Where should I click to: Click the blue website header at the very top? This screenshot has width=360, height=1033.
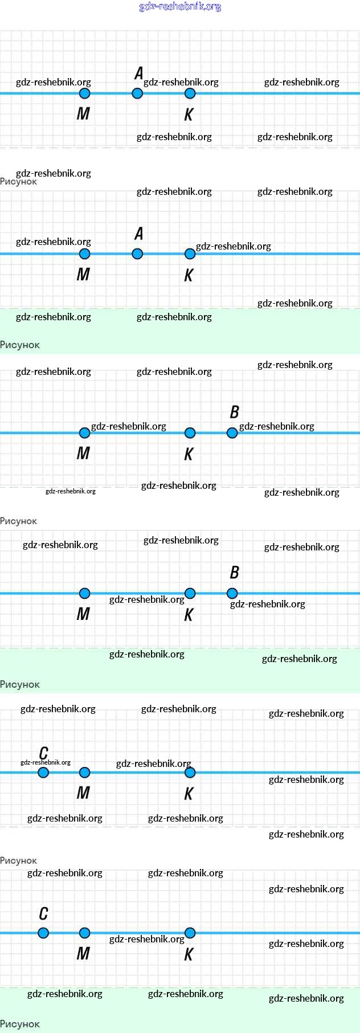(180, 7)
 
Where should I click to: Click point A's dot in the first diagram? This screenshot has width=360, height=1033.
(137, 93)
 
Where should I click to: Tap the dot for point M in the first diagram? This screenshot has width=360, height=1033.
(84, 93)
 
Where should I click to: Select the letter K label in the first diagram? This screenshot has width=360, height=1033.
(189, 115)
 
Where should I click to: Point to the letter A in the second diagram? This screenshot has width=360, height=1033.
(139, 234)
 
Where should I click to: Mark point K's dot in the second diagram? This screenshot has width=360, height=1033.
(190, 254)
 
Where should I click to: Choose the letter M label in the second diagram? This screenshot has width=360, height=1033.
(83, 275)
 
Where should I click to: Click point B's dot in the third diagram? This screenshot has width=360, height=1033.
(232, 433)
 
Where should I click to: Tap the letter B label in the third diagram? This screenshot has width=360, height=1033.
(234, 412)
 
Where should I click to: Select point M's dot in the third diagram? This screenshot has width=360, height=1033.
(84, 433)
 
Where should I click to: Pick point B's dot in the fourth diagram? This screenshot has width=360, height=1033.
(232, 593)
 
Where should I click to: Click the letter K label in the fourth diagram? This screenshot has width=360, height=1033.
(189, 615)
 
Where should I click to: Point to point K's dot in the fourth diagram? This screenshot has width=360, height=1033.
(190, 593)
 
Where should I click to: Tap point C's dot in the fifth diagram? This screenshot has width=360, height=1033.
(43, 773)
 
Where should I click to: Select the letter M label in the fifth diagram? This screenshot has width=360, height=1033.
(83, 793)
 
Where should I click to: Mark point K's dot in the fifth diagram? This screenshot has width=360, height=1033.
(190, 773)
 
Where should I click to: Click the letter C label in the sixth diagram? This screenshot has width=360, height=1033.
(43, 914)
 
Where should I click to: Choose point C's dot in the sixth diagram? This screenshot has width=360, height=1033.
(43, 933)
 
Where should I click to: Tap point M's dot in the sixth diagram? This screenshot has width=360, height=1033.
(84, 933)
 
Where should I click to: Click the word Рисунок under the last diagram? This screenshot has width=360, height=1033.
(20, 1024)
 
